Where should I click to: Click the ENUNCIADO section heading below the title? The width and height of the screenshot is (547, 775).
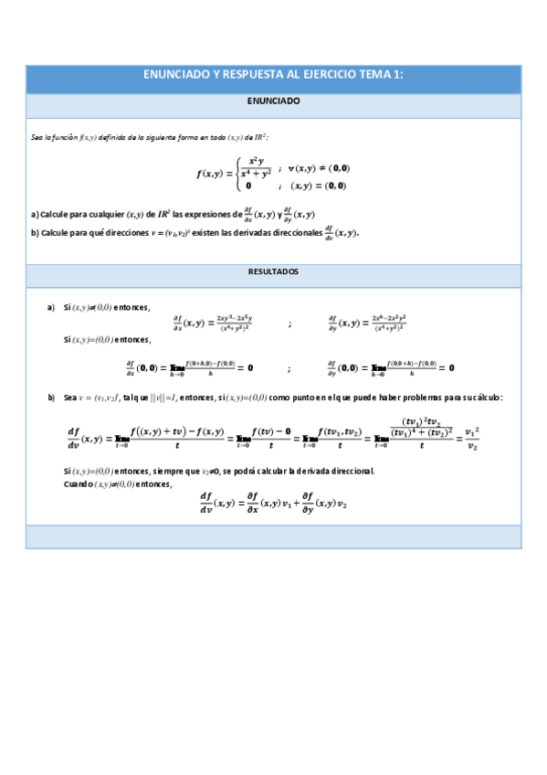[x=273, y=102]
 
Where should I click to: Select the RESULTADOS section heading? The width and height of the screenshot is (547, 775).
[x=273, y=272]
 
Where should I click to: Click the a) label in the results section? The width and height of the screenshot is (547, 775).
[x=51, y=307]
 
